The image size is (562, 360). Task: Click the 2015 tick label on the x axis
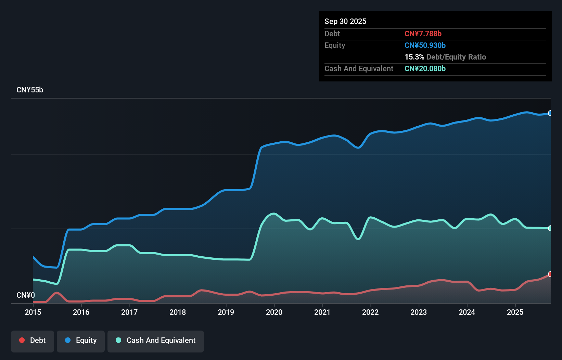coord(33,312)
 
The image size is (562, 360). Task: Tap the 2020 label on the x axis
coord(274,312)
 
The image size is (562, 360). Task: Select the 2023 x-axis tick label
coord(419,312)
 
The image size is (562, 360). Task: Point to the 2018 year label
coord(178,312)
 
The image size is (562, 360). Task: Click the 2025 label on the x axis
coord(515,312)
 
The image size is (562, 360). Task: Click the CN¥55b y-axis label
coord(30,90)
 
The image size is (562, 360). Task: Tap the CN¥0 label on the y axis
coord(26,295)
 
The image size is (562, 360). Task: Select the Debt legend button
coord(33,340)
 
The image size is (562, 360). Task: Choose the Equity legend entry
coord(81,340)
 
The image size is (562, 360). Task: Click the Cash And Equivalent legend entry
coord(156,340)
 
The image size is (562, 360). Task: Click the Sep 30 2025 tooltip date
coord(345,21)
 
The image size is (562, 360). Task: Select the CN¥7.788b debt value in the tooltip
coord(423,34)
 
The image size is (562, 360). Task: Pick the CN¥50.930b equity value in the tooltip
coord(425,45)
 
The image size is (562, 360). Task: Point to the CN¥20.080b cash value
coord(425,68)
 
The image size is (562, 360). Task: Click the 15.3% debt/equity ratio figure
coord(414,57)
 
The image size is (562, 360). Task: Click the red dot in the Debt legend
coord(22,340)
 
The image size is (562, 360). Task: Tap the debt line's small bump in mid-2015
coord(57,293)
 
